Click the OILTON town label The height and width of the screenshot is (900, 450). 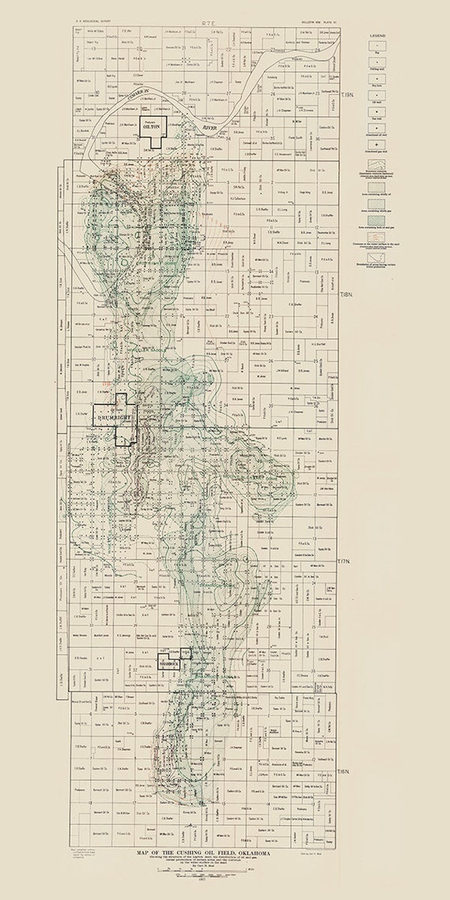coord(152,126)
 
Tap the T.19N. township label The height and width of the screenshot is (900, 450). coord(347,96)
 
